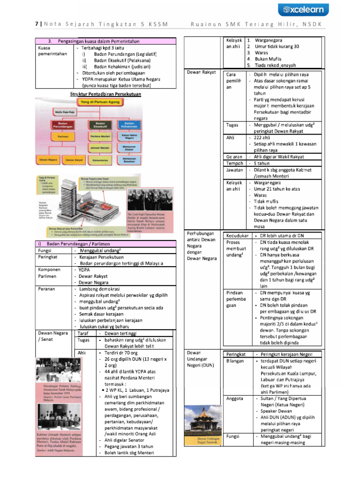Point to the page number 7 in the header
click(37, 24)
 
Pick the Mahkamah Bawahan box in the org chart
click(131, 160)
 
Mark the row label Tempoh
click(234, 164)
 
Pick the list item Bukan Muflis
click(267, 59)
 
